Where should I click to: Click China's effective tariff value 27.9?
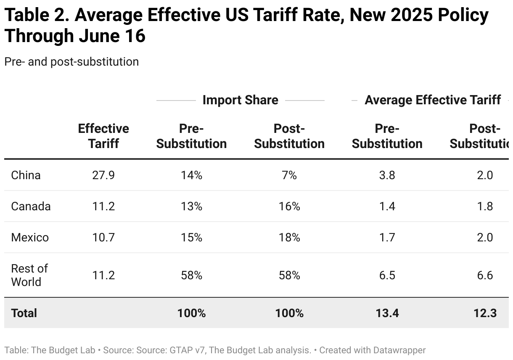103,175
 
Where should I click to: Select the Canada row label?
31,206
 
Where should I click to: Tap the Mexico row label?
30,238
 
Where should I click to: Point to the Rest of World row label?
29,275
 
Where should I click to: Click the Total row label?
24,313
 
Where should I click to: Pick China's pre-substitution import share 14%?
191,175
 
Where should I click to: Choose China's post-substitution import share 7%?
289,175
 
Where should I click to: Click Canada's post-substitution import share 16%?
289,206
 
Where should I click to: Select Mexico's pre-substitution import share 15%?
191,238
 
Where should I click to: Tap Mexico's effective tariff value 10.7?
103,238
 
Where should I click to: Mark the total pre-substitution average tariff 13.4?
387,313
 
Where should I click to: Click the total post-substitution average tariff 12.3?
484,313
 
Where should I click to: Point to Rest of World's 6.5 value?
387,275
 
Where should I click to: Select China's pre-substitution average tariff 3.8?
387,175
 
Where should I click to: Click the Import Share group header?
240,100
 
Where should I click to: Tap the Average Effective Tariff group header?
433,100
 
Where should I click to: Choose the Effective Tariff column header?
103,136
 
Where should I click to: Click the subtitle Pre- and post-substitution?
71,62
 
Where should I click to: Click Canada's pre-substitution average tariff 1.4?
387,206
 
